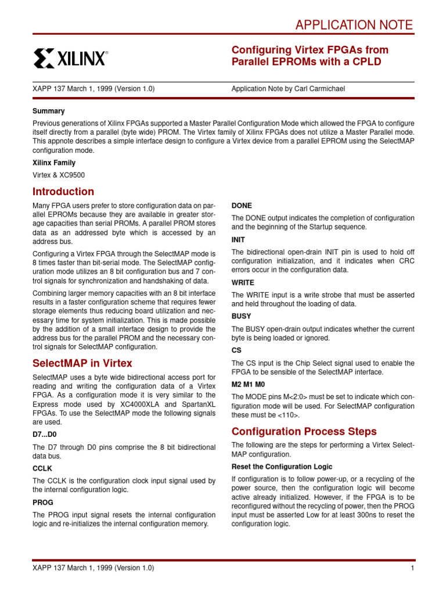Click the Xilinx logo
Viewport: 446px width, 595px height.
click(70, 58)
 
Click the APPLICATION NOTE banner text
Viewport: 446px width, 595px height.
click(354, 25)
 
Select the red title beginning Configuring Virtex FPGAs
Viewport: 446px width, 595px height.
click(310, 56)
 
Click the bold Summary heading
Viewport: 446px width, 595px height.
click(49, 111)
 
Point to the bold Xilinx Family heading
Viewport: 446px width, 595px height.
click(54, 163)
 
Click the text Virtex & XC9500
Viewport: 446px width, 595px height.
click(59, 174)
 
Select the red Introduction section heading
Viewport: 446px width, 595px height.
click(63, 192)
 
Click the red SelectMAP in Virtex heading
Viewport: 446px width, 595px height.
click(82, 363)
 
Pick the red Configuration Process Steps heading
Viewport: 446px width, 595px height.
click(304, 431)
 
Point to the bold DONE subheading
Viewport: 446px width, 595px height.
click(242, 206)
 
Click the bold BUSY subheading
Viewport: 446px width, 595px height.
click(242, 316)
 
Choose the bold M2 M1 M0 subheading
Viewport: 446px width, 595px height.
click(249, 383)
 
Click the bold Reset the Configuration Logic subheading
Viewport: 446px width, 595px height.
click(282, 467)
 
